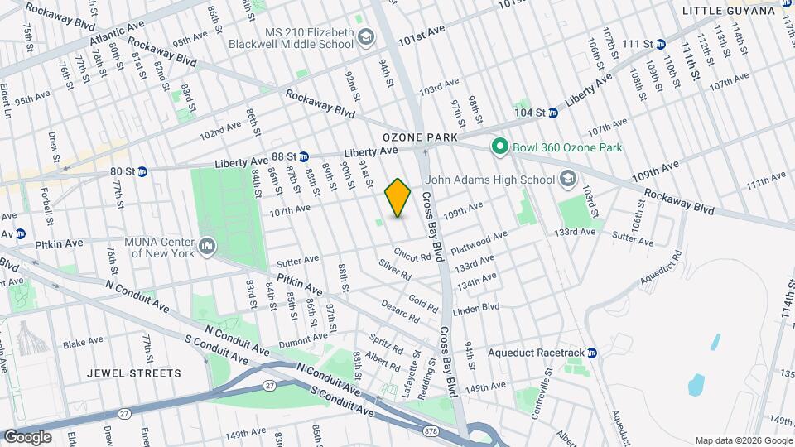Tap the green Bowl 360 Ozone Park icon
coord(499,147)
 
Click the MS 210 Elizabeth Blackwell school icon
coord(366,38)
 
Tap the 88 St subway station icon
coord(304,156)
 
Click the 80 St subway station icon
coord(142,172)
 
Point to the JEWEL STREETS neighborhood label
coord(134,373)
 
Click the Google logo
coord(28,436)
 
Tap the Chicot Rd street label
coord(412,255)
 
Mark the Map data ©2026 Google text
coord(742,440)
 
